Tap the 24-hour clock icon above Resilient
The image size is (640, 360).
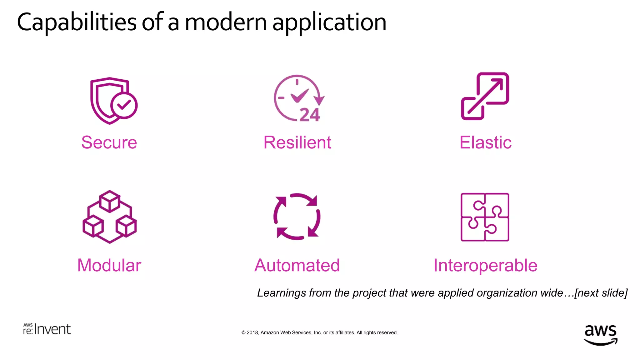coord(298,98)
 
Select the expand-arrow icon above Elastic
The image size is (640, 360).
coord(485,96)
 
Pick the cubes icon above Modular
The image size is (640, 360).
coord(110,217)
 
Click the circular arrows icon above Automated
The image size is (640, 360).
coord(297,217)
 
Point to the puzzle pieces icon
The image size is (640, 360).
coord(485,217)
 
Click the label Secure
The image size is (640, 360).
coord(109,142)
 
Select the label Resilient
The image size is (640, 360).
coord(297,142)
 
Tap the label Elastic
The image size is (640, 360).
coord(485,142)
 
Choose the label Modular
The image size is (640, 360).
coord(109,265)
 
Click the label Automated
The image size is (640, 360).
coord(297,265)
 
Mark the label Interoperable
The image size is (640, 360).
coord(485,265)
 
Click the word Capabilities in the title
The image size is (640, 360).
coord(77,22)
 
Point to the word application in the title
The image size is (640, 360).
coord(329,22)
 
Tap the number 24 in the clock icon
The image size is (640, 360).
coord(310,115)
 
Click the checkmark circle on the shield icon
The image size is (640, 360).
coord(124,105)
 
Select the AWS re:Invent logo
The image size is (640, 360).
coord(47,329)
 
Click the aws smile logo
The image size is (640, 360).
coord(600,334)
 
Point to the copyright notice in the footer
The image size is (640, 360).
coord(319,332)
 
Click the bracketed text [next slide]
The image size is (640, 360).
coord(601,293)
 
